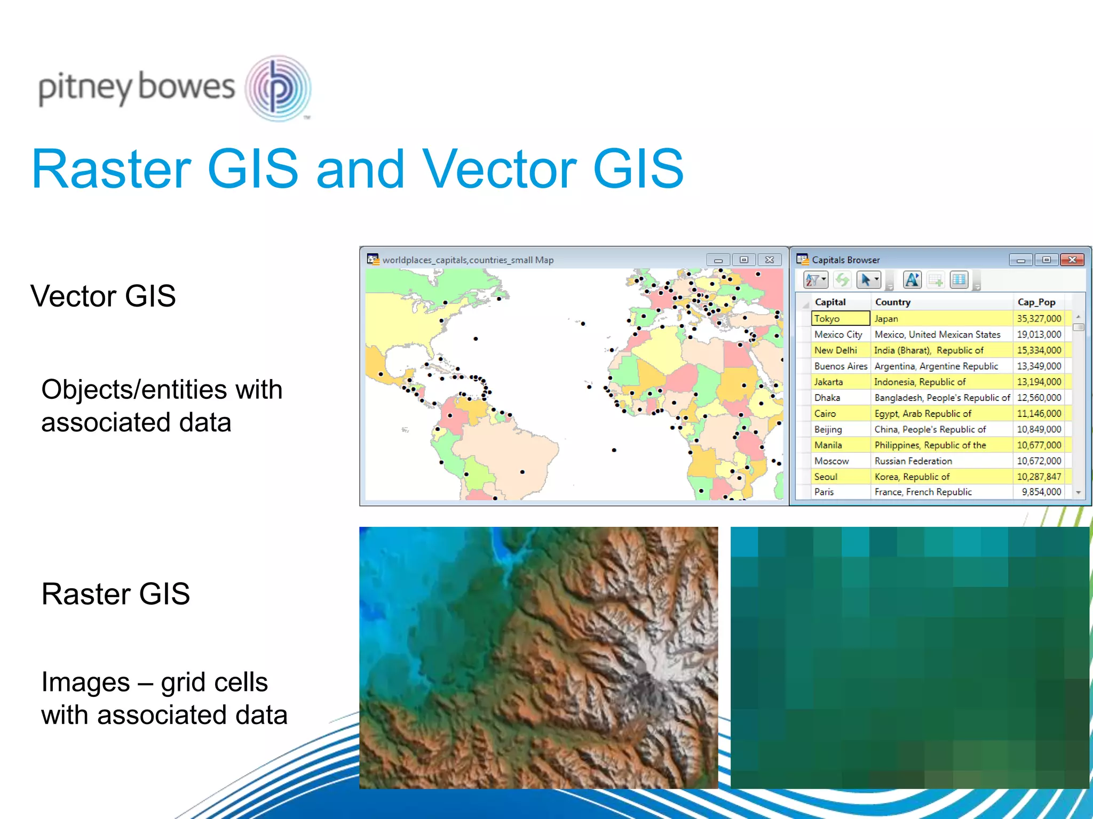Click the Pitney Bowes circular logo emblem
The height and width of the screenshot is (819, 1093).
[278, 88]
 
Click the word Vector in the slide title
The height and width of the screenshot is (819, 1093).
[500, 169]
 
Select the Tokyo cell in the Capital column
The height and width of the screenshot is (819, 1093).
[840, 318]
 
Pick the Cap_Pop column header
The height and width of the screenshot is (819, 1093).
[1036, 302]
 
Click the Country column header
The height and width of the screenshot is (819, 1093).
[892, 302]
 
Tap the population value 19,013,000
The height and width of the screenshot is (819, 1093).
[1039, 334]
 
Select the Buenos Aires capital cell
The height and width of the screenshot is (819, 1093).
[840, 366]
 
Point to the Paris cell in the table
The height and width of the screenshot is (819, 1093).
[824, 492]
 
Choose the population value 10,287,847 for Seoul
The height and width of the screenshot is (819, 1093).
[1039, 477]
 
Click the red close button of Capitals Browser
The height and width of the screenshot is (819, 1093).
[1072, 260]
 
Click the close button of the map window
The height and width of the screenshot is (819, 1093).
[769, 260]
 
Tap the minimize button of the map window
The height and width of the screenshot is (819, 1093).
[718, 260]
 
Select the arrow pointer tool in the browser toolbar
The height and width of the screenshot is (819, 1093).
[866, 280]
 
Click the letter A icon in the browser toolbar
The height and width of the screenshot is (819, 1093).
[912, 280]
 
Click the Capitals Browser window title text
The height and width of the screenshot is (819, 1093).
[845, 260]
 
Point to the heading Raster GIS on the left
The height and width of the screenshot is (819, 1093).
[115, 594]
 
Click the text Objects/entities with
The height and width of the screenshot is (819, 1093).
[162, 389]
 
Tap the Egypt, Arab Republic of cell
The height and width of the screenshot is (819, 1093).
[922, 414]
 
